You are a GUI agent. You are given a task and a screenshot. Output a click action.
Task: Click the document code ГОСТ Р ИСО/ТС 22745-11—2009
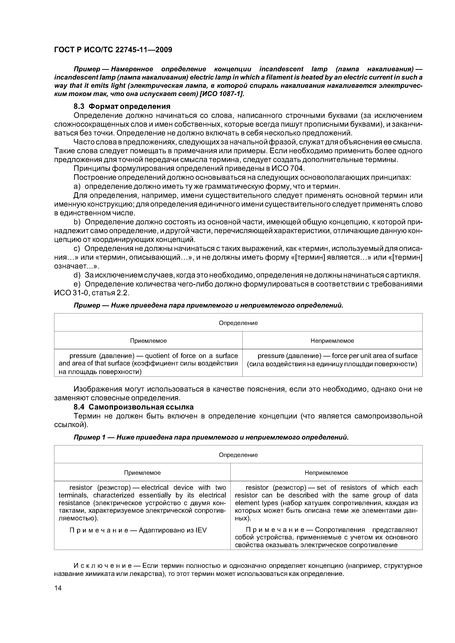pos(113,50)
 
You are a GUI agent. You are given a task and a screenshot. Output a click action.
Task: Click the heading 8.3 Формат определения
pos(122,106)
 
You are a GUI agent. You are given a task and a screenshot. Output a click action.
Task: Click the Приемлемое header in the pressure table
pos(148,341)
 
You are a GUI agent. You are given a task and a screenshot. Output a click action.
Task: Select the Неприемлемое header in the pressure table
pos(332,341)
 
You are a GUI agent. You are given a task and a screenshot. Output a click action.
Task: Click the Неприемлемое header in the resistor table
pos(326,473)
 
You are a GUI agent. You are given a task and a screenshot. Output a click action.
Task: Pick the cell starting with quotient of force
pos(148,363)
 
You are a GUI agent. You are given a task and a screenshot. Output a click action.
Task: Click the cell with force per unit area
pos(332,360)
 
